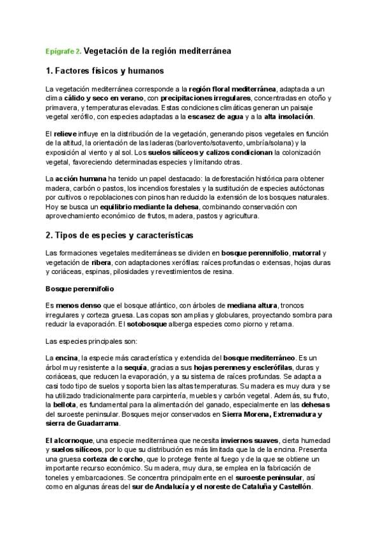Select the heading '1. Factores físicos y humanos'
tap(105, 70)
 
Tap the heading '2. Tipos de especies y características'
tap(119, 235)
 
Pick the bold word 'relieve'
tap(66, 135)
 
